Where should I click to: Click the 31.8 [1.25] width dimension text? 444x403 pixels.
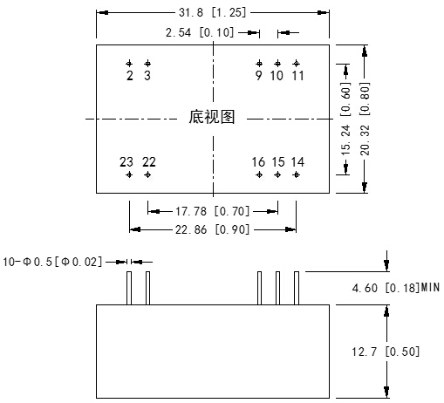(212, 12)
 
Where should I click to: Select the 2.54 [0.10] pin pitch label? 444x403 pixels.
(200, 32)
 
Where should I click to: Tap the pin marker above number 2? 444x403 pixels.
(129, 64)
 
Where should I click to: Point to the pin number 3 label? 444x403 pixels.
(147, 76)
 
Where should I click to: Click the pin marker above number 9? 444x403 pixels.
(259, 64)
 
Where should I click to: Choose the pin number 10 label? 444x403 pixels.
(277, 76)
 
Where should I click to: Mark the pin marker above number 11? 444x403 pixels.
(296, 64)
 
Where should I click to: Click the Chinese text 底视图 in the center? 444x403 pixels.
(212, 117)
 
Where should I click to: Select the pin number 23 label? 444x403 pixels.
(126, 162)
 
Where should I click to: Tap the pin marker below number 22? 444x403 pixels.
(147, 174)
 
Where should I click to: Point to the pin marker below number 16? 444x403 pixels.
(259, 174)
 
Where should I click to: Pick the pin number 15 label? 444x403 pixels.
(278, 162)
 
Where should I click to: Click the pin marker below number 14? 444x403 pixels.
(296, 174)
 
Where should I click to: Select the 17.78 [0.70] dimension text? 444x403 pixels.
(213, 211)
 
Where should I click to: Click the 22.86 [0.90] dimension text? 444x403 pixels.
(213, 229)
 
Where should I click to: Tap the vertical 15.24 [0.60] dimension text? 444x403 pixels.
(345, 119)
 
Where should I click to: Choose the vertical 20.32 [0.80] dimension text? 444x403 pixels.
(365, 119)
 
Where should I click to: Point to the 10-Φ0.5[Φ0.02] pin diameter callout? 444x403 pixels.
(52, 262)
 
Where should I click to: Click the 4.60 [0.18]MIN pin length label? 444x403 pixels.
(395, 288)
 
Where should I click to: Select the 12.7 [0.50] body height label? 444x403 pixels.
(386, 352)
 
